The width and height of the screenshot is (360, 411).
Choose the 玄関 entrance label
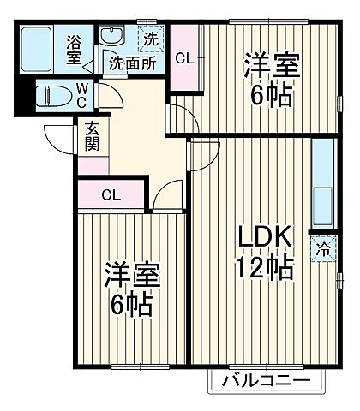point(92,136)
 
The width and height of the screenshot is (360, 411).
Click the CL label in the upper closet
point(183,58)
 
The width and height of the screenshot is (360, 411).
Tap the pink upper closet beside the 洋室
point(183,58)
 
